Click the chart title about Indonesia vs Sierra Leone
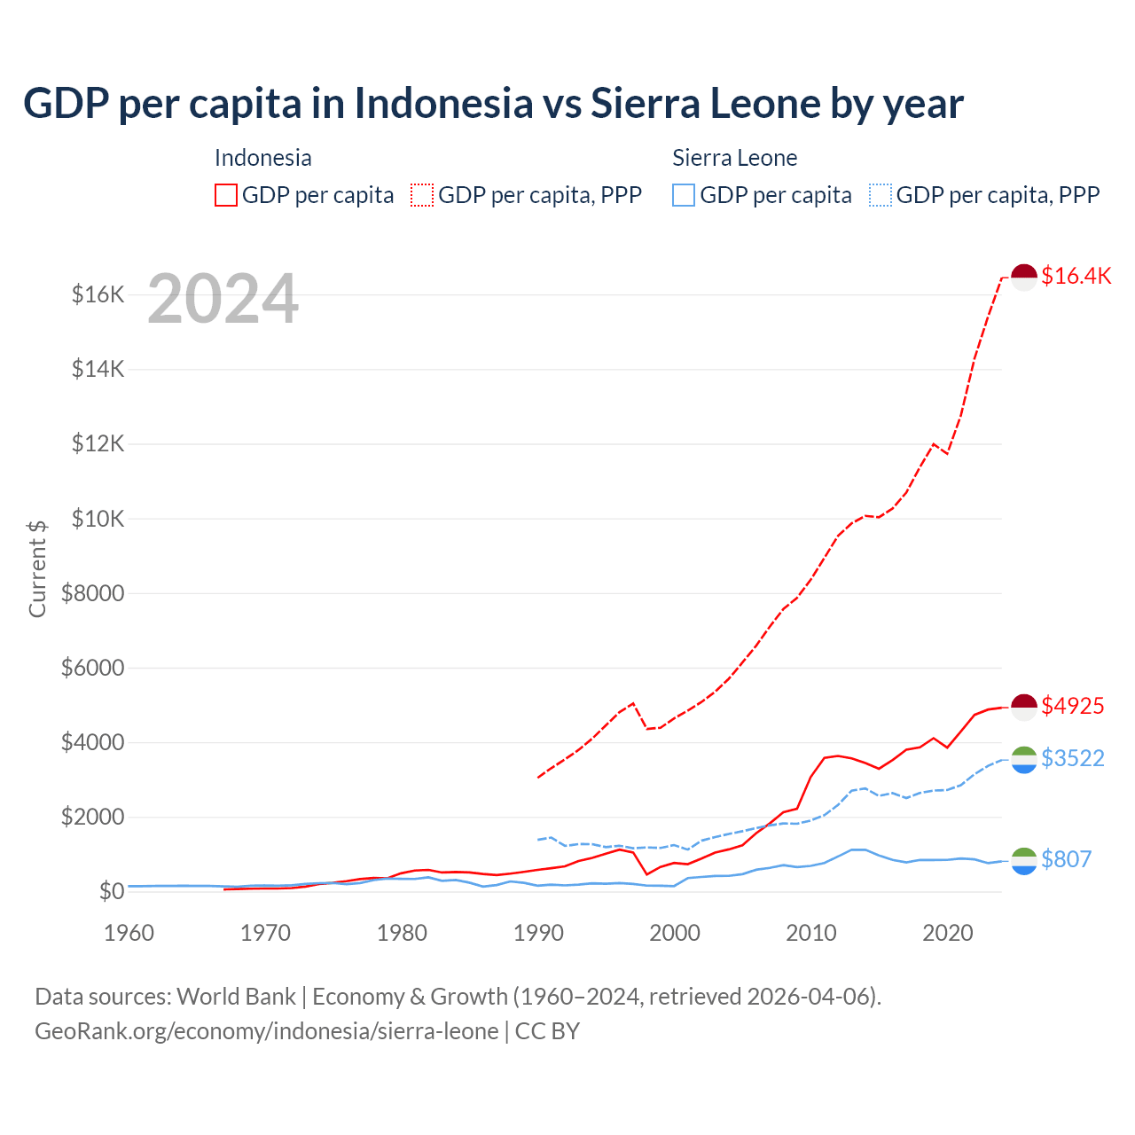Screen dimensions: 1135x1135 (x=493, y=103)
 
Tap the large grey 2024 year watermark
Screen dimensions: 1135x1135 (x=223, y=299)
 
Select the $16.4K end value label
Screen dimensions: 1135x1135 (x=1076, y=276)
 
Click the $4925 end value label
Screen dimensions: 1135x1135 (x=1072, y=706)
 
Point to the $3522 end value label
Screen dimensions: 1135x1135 (x=1072, y=758)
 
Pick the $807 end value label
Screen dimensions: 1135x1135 (x=1066, y=859)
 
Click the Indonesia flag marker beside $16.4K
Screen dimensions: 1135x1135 (x=1024, y=277)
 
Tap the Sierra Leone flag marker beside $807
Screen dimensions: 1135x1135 (x=1024, y=860)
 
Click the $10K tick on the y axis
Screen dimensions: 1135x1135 (x=98, y=519)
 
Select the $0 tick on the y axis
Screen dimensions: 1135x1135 (x=111, y=891)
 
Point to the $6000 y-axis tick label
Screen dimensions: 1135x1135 (x=92, y=668)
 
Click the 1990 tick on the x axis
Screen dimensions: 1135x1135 (x=538, y=933)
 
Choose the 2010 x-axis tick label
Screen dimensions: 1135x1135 (x=811, y=933)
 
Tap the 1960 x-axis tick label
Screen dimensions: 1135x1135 (x=129, y=933)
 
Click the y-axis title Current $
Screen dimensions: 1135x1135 (x=37, y=568)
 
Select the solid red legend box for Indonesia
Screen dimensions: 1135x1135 (x=226, y=195)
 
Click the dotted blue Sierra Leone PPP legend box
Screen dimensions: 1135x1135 (x=881, y=195)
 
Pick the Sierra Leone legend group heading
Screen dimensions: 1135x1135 (x=734, y=158)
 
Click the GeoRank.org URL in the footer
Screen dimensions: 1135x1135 (x=266, y=1031)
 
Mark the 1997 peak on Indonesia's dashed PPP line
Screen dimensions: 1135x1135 (x=632, y=703)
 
